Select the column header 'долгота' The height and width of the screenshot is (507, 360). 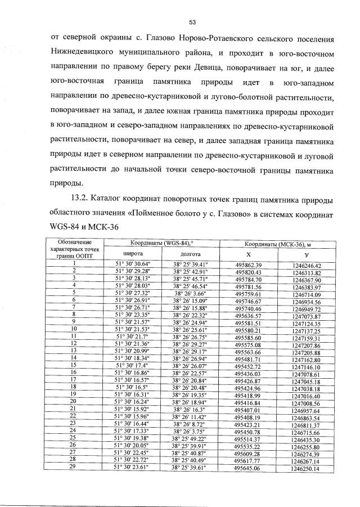point(190,254)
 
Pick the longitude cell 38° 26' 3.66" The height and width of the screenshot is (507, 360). point(190,294)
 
